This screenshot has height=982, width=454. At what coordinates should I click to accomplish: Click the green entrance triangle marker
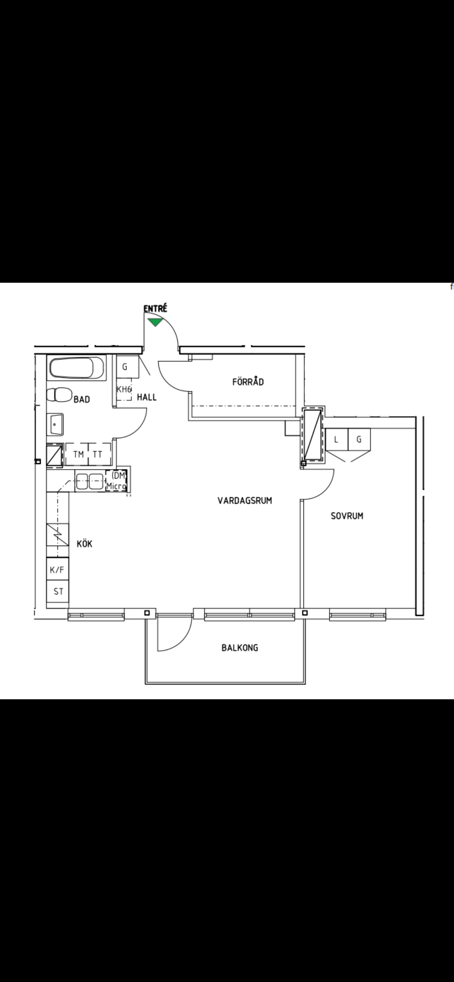(155, 322)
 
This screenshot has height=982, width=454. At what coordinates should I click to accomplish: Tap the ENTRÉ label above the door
(155, 309)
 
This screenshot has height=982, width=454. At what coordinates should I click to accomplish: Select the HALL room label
(147, 398)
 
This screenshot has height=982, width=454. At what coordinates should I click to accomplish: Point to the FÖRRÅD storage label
(248, 382)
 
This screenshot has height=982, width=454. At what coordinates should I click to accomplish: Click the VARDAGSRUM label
(245, 501)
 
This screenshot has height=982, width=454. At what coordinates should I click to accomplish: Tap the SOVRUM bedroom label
(347, 516)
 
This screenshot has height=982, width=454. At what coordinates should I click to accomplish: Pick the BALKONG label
(240, 648)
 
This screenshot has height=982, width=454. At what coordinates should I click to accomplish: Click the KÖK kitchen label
(85, 544)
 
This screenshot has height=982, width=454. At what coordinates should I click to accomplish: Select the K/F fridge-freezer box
(57, 569)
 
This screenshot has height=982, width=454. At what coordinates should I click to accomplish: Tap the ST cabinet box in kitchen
(57, 591)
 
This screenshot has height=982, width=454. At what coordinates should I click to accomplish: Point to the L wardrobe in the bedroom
(336, 439)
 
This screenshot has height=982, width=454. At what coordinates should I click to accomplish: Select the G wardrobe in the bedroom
(359, 439)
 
